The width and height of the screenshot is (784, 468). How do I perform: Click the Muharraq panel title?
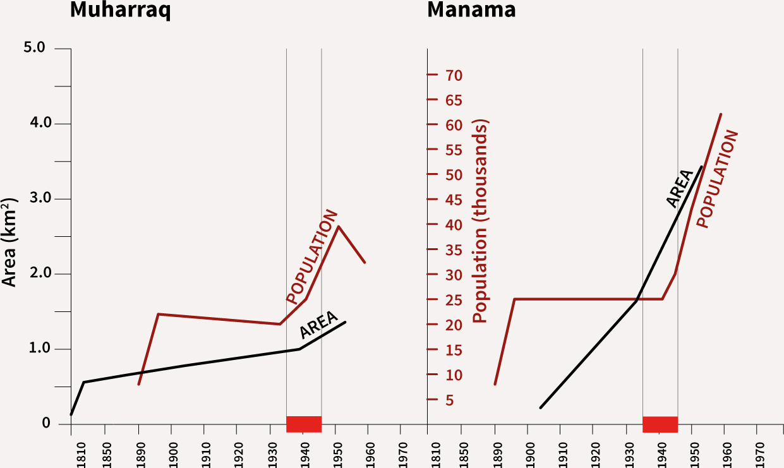tap(120, 11)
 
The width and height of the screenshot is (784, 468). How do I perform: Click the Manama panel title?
tap(471, 11)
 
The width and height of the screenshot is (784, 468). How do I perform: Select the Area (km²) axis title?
tap(10, 242)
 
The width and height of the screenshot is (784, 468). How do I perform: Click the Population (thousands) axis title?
tap(481, 222)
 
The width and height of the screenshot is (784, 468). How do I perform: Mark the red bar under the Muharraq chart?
tap(304, 424)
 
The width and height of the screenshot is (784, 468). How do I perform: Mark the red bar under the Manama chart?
tap(660, 424)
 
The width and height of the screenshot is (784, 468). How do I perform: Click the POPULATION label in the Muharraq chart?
tap(311, 256)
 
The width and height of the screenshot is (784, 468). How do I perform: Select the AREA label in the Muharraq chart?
tap(318, 324)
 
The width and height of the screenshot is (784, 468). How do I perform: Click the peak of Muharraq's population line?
tap(339, 226)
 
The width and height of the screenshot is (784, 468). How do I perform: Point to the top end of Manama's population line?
tap(721, 114)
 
